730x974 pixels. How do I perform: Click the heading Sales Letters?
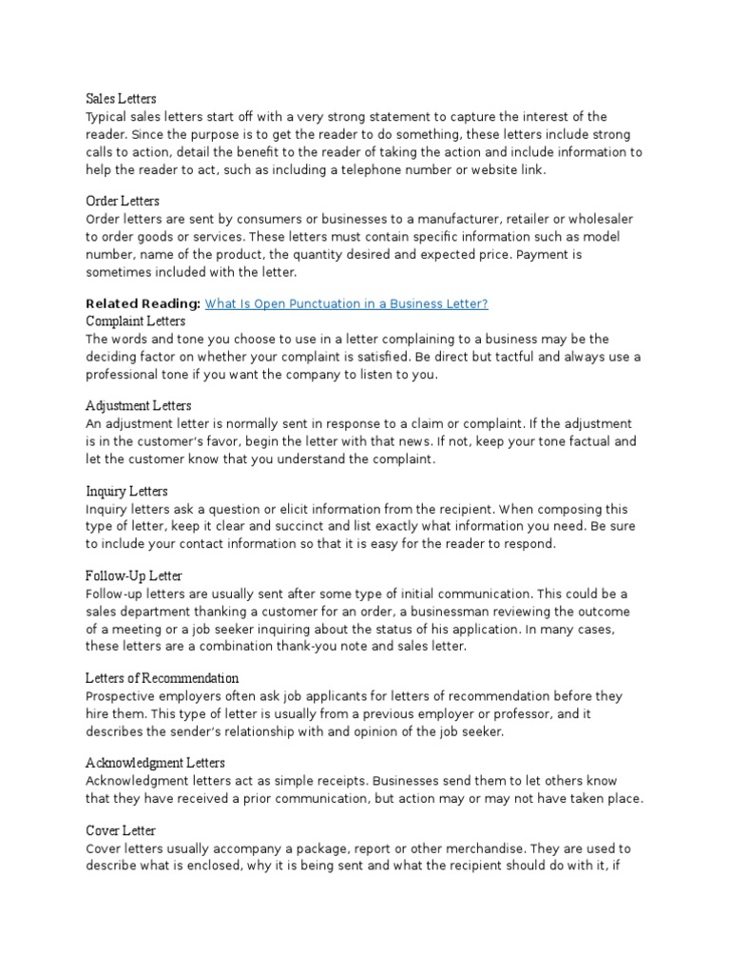pos(121,98)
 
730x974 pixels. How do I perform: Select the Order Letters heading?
pos(123,201)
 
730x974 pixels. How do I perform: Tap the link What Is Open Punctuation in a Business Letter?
pos(347,303)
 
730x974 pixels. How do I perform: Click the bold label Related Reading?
pos(143,303)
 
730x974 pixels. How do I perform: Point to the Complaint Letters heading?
pos(135,321)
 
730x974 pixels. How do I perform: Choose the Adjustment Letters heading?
pos(138,406)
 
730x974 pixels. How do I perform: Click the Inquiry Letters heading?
pos(126,491)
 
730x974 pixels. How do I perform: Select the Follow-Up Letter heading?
pos(134,576)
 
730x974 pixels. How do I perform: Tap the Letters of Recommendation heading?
pos(162,678)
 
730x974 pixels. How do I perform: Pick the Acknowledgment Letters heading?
pos(155,763)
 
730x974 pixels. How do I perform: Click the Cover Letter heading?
pos(121,830)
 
